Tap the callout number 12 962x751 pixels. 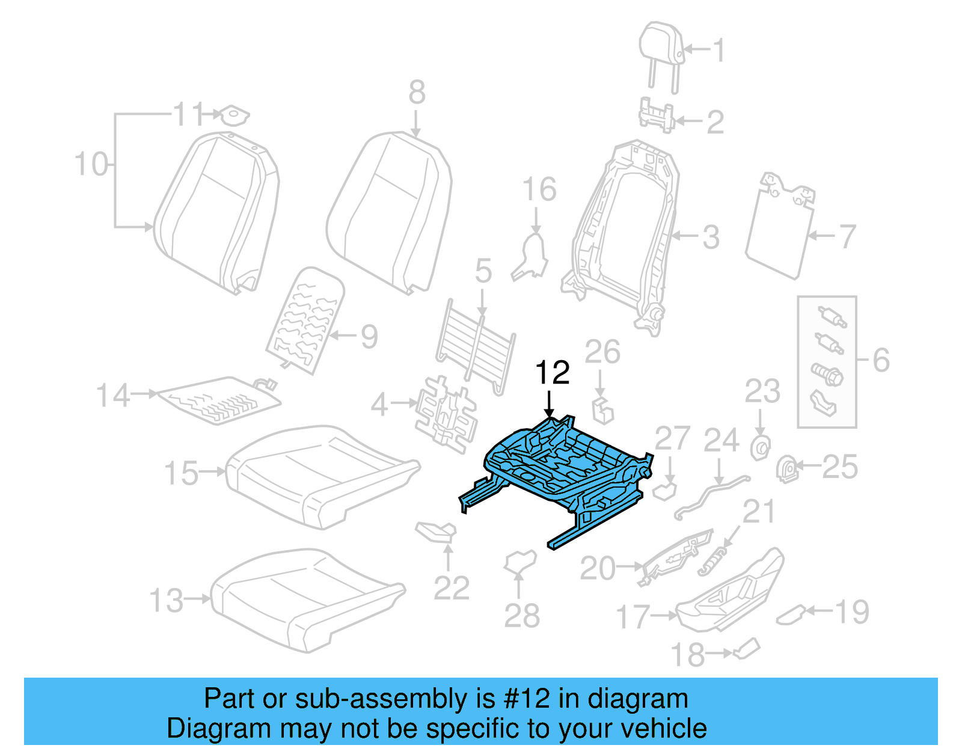552,373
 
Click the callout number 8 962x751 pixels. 417,93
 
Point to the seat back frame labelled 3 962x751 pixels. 625,234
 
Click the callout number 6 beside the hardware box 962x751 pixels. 881,360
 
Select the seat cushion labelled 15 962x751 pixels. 319,475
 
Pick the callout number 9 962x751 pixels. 369,337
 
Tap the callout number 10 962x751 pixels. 91,164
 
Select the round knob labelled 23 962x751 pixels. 760,448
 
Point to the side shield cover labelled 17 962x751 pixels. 731,592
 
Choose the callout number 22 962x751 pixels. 451,588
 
